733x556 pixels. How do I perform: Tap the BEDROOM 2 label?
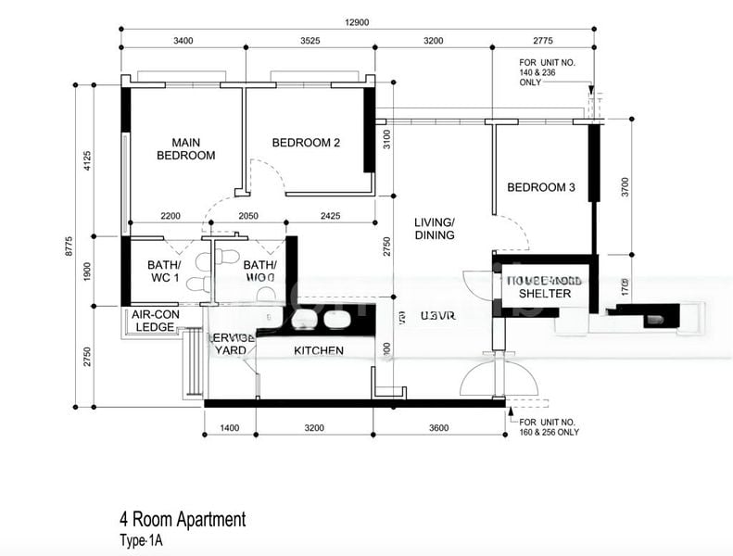click(x=306, y=143)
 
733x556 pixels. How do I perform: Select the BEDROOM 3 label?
click(x=541, y=187)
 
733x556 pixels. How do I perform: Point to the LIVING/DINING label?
click(x=435, y=229)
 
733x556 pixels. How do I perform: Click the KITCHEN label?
click(x=319, y=350)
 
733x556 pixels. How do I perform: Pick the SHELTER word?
click(x=545, y=294)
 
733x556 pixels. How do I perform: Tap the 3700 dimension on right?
click(x=626, y=187)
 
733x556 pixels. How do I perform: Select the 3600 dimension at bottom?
click(x=439, y=428)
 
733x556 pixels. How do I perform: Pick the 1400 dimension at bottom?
click(x=230, y=428)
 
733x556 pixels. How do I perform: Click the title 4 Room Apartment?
click(x=183, y=519)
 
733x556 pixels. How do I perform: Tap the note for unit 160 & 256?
click(x=546, y=426)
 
